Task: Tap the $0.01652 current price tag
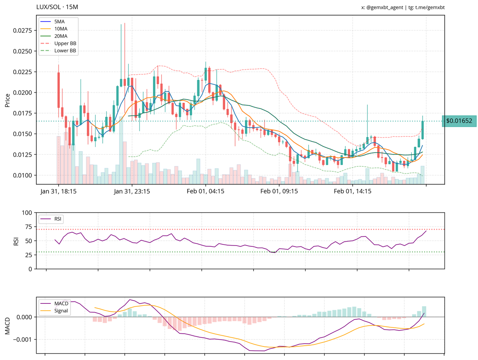tap(459, 121)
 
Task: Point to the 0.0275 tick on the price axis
tap(24, 31)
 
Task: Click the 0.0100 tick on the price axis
tap(24, 175)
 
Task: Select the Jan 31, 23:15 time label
tap(132, 192)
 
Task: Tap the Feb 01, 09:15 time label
tap(279, 192)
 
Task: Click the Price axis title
tap(8, 100)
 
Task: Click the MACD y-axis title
tap(8, 325)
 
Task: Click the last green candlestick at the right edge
tap(423, 130)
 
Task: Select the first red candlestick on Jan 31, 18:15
tap(59, 90)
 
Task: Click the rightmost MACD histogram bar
tap(424, 311)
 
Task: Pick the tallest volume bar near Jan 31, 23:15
tap(121, 151)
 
